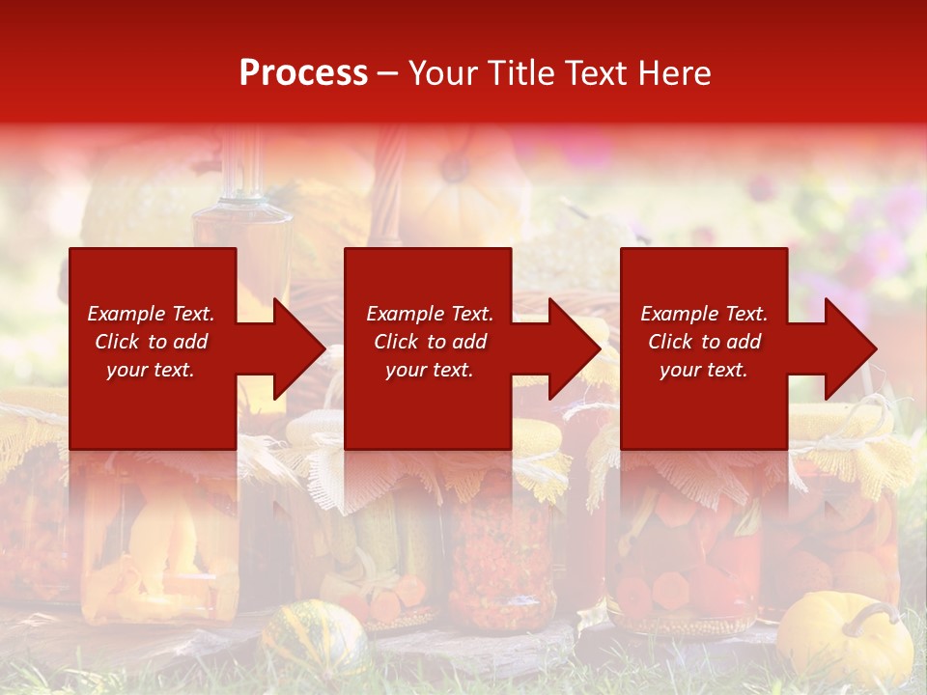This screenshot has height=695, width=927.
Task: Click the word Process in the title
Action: coord(303,73)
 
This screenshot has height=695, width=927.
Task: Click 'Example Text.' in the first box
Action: coord(151,314)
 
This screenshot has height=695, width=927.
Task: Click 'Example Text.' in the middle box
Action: coord(430,314)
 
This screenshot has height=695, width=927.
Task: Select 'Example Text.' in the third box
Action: coord(704,314)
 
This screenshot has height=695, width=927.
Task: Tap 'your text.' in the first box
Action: coord(151,370)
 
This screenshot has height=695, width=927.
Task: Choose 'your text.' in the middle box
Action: coord(430,370)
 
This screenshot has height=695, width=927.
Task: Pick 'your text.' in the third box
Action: coord(704,370)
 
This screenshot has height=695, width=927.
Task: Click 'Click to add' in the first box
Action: coord(151,342)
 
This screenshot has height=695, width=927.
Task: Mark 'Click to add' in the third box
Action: coord(704,342)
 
